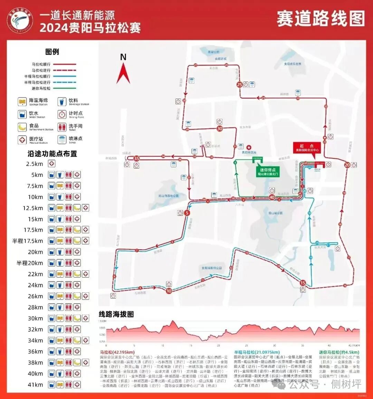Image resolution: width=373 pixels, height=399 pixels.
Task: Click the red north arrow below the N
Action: (123, 73)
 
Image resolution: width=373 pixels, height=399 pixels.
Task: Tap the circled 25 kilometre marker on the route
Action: (239, 84)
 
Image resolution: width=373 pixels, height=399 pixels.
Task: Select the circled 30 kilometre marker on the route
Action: (220, 129)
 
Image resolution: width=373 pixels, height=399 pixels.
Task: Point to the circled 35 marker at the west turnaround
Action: (136, 158)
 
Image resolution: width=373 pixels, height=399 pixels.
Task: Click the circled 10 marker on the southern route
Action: (169, 291)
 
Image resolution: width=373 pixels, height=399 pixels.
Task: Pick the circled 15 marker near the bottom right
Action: (303, 283)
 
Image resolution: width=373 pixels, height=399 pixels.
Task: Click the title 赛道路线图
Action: (321, 19)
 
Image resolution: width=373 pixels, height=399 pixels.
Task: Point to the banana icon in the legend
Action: (22, 127)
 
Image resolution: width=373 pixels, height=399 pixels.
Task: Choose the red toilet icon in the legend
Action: (62, 127)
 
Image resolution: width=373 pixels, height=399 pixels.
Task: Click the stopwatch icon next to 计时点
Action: (62, 115)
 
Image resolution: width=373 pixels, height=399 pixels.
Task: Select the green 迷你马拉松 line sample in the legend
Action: (64, 88)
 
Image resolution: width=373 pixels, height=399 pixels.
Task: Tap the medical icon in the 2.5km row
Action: (51, 164)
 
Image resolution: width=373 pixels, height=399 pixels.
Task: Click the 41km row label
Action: (36, 384)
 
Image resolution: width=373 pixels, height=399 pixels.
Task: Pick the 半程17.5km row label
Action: (28, 241)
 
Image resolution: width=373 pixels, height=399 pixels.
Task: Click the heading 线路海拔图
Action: (116, 314)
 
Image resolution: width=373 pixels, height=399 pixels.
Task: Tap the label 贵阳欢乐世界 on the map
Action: (293, 64)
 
